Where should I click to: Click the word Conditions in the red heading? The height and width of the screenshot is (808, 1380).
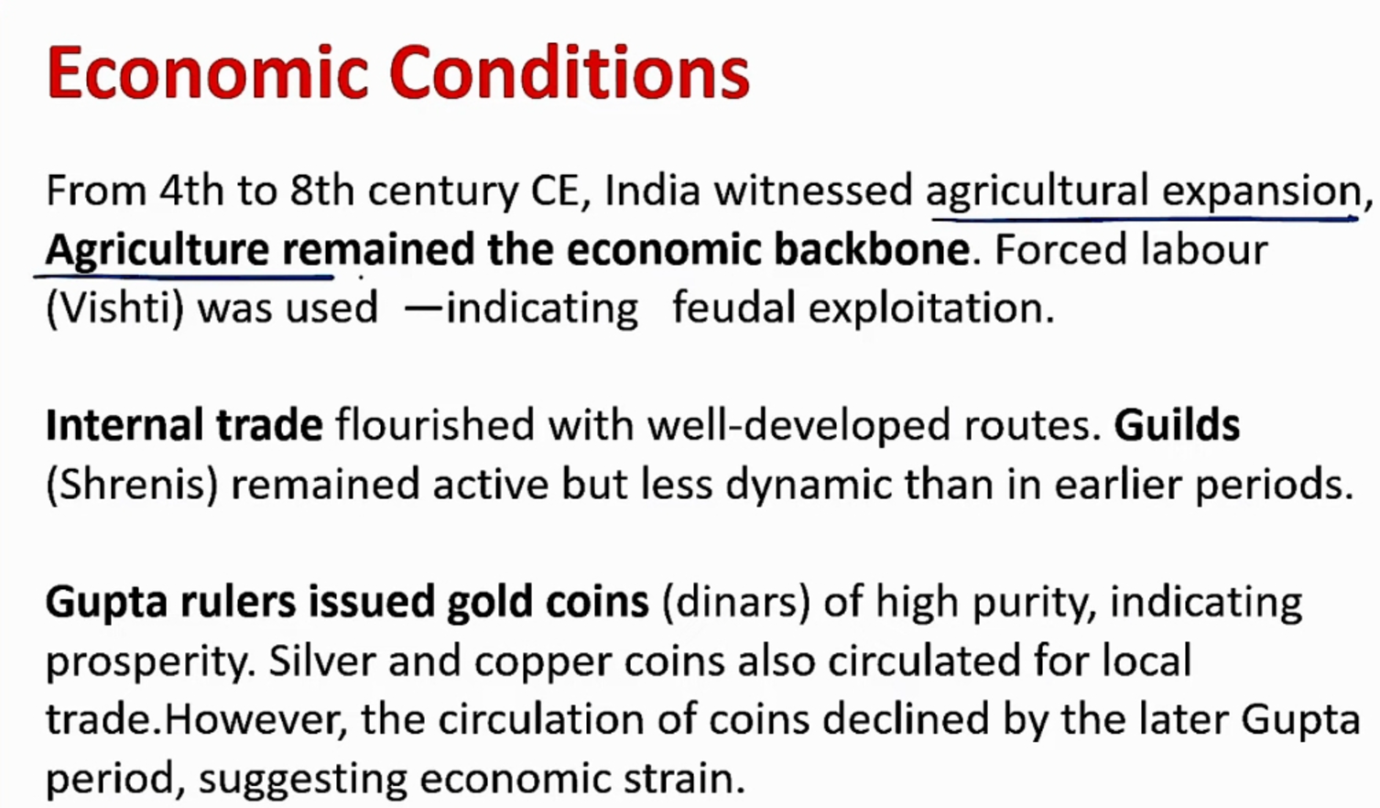point(570,71)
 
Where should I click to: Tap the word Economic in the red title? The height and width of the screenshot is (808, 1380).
point(208,71)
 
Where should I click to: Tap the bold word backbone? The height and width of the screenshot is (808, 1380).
point(872,249)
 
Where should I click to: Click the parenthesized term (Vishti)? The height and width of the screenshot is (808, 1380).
point(115,308)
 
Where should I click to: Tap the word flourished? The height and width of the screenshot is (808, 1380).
point(435,425)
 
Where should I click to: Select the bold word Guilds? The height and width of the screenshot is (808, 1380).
point(1177,425)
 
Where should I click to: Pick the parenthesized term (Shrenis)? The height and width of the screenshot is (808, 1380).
point(133,485)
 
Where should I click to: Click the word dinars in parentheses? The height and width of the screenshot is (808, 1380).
point(737,602)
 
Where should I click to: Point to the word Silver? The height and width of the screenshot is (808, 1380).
point(321,661)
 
